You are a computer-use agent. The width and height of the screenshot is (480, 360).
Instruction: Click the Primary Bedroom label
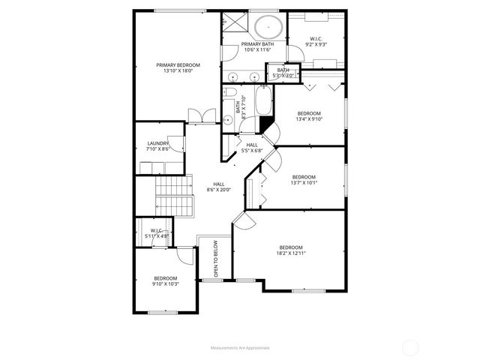[x=178, y=65]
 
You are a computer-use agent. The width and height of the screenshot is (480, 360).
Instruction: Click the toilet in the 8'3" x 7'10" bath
[x=226, y=119]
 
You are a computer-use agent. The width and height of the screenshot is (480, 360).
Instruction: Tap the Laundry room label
[x=157, y=143]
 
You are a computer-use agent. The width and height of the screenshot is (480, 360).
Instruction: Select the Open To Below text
[x=216, y=259]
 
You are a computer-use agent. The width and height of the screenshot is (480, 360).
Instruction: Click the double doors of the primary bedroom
[x=197, y=116]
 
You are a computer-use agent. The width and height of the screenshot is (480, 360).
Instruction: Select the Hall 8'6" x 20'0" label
[x=218, y=187]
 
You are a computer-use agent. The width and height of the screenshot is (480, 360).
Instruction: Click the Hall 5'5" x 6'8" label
[x=251, y=148]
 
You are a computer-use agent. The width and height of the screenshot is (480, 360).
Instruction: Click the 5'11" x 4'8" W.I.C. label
[x=157, y=233]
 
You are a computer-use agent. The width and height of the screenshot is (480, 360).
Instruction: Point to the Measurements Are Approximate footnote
[x=239, y=348]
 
